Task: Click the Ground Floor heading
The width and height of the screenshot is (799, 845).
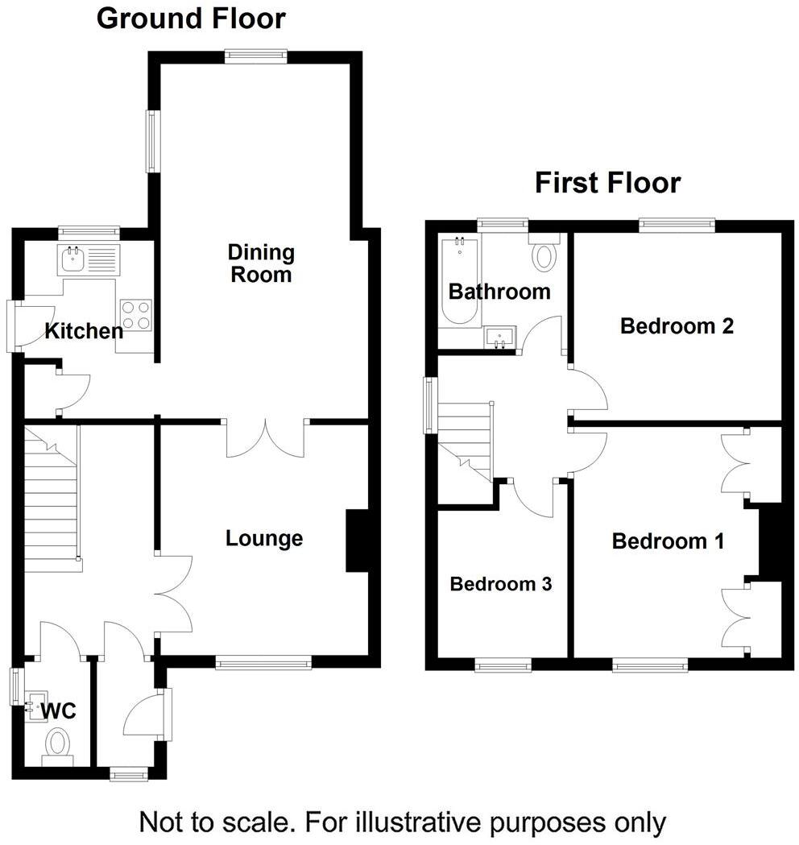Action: (191, 18)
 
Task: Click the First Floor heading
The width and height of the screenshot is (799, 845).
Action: (608, 183)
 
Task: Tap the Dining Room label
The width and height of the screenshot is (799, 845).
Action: (261, 263)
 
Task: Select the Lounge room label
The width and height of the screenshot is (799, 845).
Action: (264, 538)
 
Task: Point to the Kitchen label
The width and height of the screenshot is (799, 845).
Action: (84, 330)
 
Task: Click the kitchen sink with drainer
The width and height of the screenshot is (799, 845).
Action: (88, 260)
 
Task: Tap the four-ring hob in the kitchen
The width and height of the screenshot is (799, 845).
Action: (136, 314)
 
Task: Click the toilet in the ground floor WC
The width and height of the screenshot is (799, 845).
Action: (58, 743)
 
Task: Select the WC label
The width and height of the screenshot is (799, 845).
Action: (58, 711)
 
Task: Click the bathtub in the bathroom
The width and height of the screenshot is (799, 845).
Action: (459, 280)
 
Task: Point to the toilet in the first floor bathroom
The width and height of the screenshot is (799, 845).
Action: (545, 255)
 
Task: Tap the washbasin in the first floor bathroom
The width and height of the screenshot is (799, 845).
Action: (501, 338)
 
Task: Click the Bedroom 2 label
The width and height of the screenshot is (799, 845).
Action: (677, 326)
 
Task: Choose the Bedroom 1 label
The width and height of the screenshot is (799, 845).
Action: (668, 541)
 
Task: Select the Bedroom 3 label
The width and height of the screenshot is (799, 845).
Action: (500, 584)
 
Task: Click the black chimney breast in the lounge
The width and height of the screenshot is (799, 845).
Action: (357, 541)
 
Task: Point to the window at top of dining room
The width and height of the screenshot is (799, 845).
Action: (255, 56)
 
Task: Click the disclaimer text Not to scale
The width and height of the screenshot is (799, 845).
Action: (403, 822)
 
